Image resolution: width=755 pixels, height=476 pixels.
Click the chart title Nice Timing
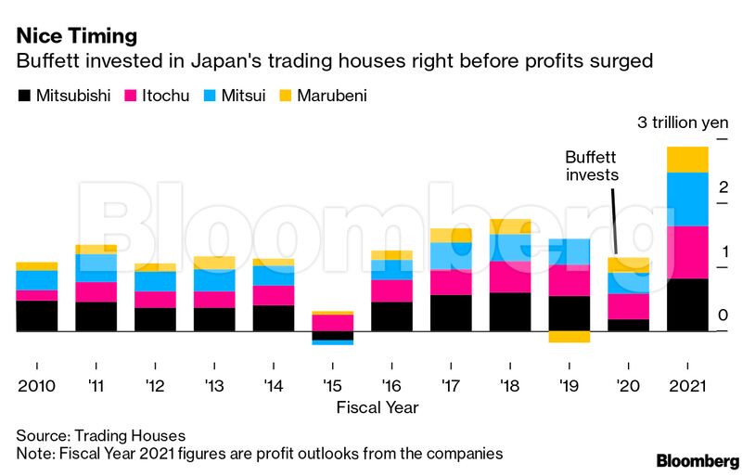click(76, 36)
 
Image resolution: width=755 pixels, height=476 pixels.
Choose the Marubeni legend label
click(332, 96)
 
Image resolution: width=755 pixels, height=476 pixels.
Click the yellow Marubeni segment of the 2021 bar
click(687, 160)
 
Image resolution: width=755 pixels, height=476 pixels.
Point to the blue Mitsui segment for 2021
click(687, 199)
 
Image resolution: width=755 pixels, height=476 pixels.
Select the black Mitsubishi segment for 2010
click(36, 315)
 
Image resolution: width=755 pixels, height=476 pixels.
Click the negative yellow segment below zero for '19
click(569, 337)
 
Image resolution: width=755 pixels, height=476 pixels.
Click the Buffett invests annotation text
click(592, 165)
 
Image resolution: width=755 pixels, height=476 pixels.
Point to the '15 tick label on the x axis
click(332, 385)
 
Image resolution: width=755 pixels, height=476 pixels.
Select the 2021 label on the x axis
click(687, 385)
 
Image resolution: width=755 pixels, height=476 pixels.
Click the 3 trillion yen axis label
click(683, 122)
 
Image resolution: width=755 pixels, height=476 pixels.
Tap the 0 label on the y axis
click(723, 315)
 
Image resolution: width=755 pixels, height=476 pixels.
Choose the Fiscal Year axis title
click(377, 407)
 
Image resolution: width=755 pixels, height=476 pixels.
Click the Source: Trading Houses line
click(101, 435)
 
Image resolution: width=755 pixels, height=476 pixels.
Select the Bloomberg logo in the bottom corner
click(697, 461)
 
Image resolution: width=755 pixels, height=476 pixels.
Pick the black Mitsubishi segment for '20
click(629, 325)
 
